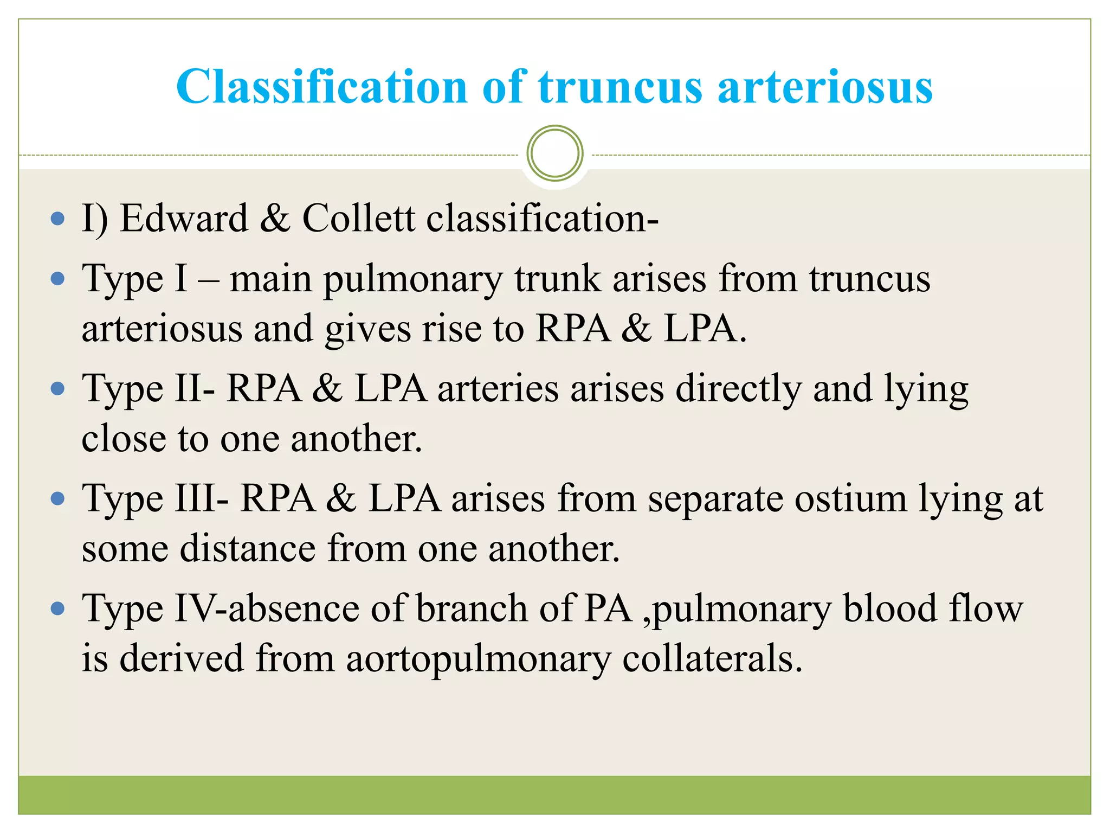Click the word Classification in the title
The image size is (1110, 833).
point(321,87)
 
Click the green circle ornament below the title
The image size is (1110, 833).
point(555,153)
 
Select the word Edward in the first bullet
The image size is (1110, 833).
point(184,219)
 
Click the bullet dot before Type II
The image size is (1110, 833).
point(57,389)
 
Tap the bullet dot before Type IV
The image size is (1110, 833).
point(57,608)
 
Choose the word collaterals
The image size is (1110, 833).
point(712,658)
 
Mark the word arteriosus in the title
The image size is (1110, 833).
point(825,87)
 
